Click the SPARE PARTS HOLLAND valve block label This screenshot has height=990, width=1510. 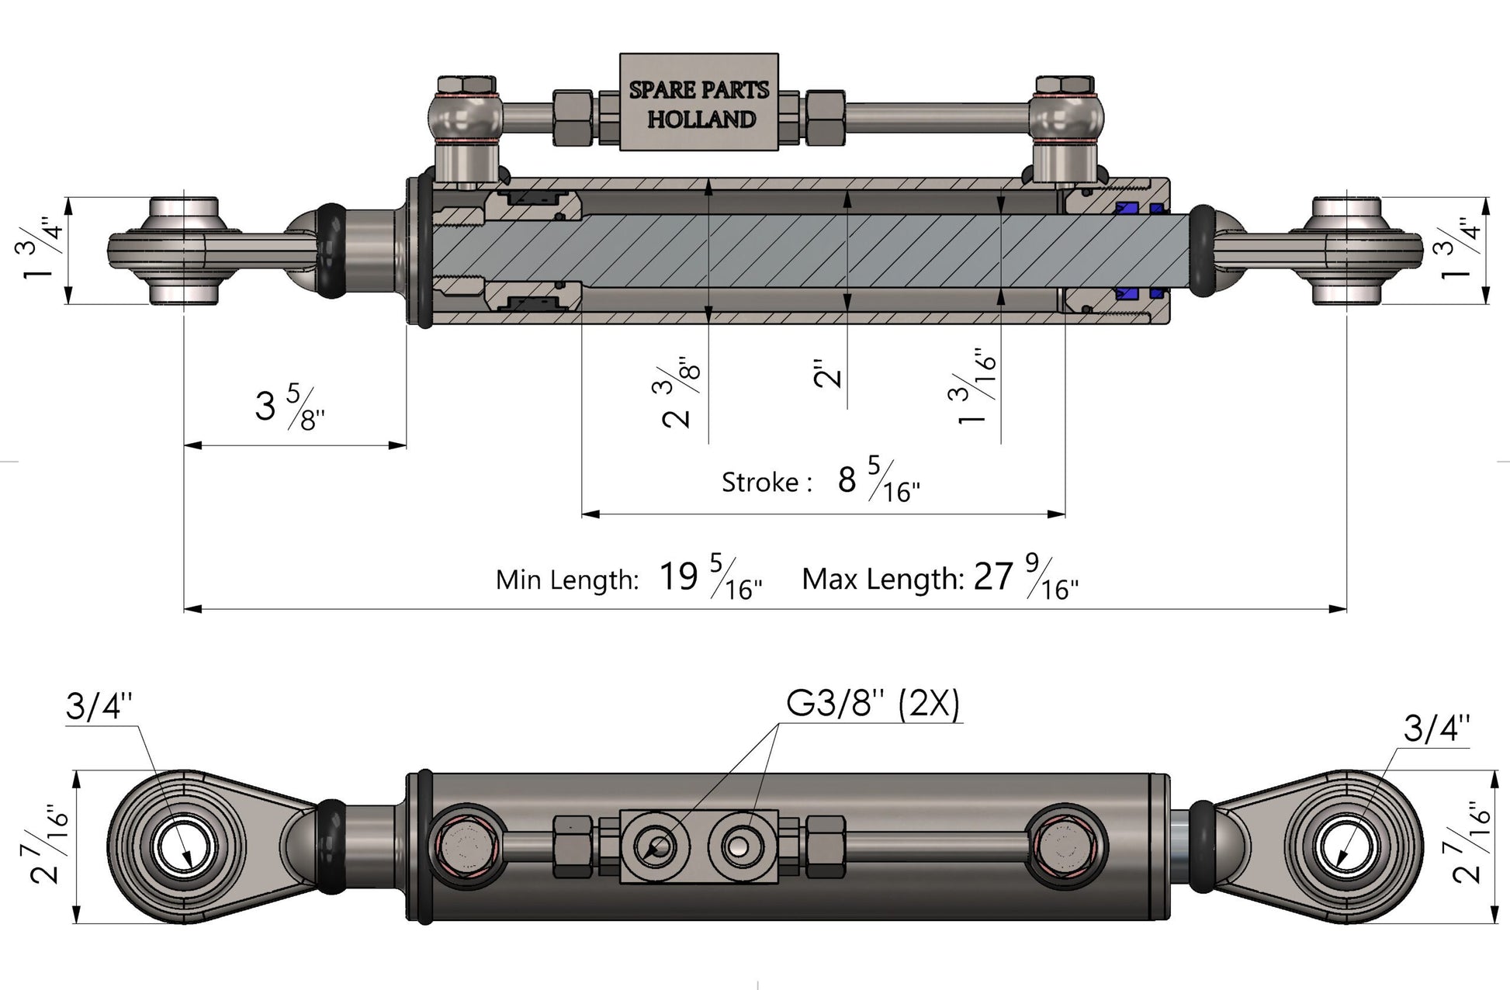pos(699,103)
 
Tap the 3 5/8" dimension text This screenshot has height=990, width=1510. pos(289,406)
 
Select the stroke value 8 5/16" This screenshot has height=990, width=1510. pos(878,481)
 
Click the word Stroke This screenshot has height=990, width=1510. pos(760,483)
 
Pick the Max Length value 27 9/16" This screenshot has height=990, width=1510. pos(1025,579)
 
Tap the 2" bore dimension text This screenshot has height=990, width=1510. pos(828,373)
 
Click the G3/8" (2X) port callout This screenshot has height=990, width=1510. pos(873,704)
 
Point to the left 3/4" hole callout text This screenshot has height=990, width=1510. pos(99,707)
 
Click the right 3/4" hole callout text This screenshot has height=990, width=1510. pos(1436,729)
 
